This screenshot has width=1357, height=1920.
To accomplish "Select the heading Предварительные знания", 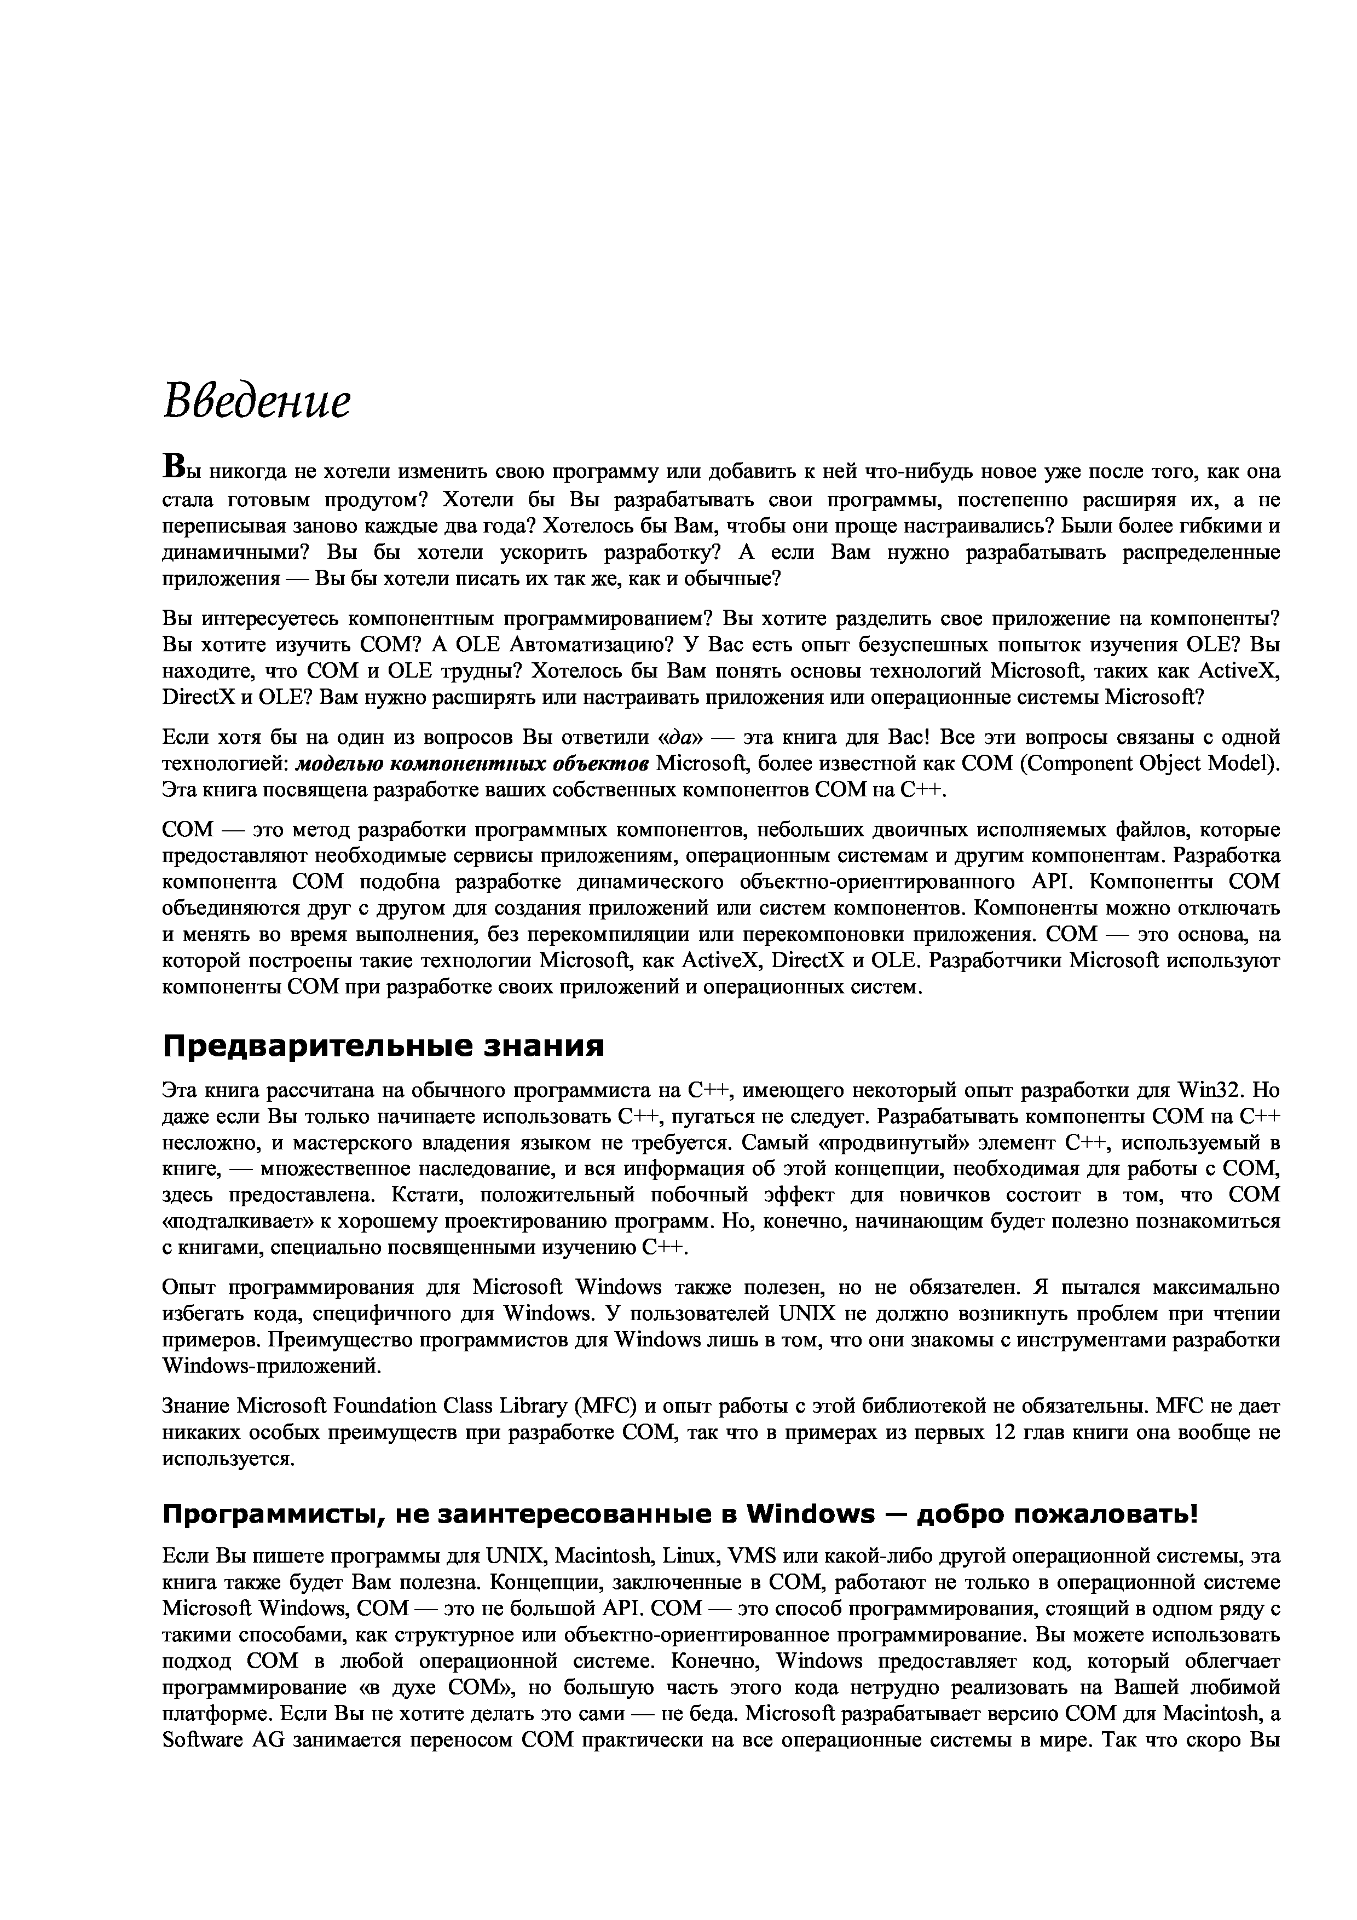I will [x=383, y=1045].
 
